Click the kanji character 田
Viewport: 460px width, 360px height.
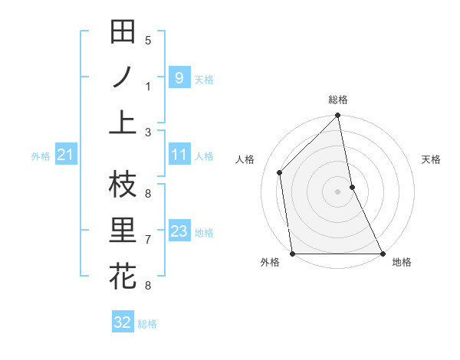[x=123, y=33]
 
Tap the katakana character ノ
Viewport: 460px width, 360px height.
[x=123, y=78]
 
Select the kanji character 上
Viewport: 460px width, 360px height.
[x=123, y=123]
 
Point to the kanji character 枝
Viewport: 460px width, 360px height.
[x=123, y=185]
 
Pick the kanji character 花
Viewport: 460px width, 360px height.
[x=123, y=276]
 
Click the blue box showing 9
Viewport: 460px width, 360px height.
[x=179, y=77]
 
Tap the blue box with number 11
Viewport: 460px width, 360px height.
[x=179, y=155]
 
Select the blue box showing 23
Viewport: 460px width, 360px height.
[x=179, y=231]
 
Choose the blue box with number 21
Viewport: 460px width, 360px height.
[x=65, y=155]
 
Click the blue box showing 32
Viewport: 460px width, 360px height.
[x=123, y=322]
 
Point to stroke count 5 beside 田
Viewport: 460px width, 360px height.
[x=148, y=41]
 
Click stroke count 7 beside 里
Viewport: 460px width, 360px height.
[x=148, y=240]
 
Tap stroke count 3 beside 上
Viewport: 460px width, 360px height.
[x=148, y=132]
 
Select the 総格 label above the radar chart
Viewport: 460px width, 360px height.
[x=338, y=100]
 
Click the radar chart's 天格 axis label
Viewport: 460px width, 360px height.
[x=432, y=159]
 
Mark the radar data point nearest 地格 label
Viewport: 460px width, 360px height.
[x=382, y=254]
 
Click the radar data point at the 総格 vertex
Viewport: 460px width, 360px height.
[x=338, y=116]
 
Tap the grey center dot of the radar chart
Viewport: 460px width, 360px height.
[x=338, y=191]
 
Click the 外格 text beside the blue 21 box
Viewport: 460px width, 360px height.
[x=41, y=156]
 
